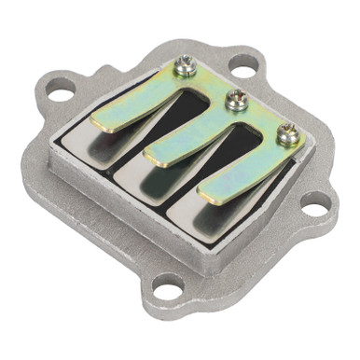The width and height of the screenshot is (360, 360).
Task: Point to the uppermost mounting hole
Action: (242, 68)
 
